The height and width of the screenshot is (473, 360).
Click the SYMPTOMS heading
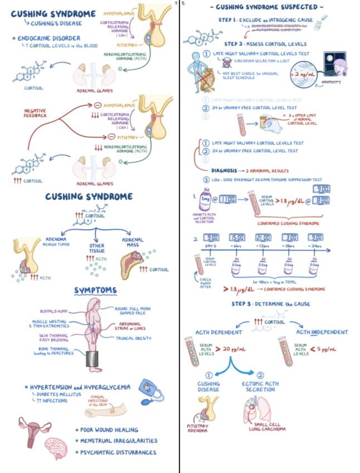pos(95,290)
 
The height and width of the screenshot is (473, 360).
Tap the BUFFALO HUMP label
pos(53,311)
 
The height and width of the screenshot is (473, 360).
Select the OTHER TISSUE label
pos(96,248)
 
